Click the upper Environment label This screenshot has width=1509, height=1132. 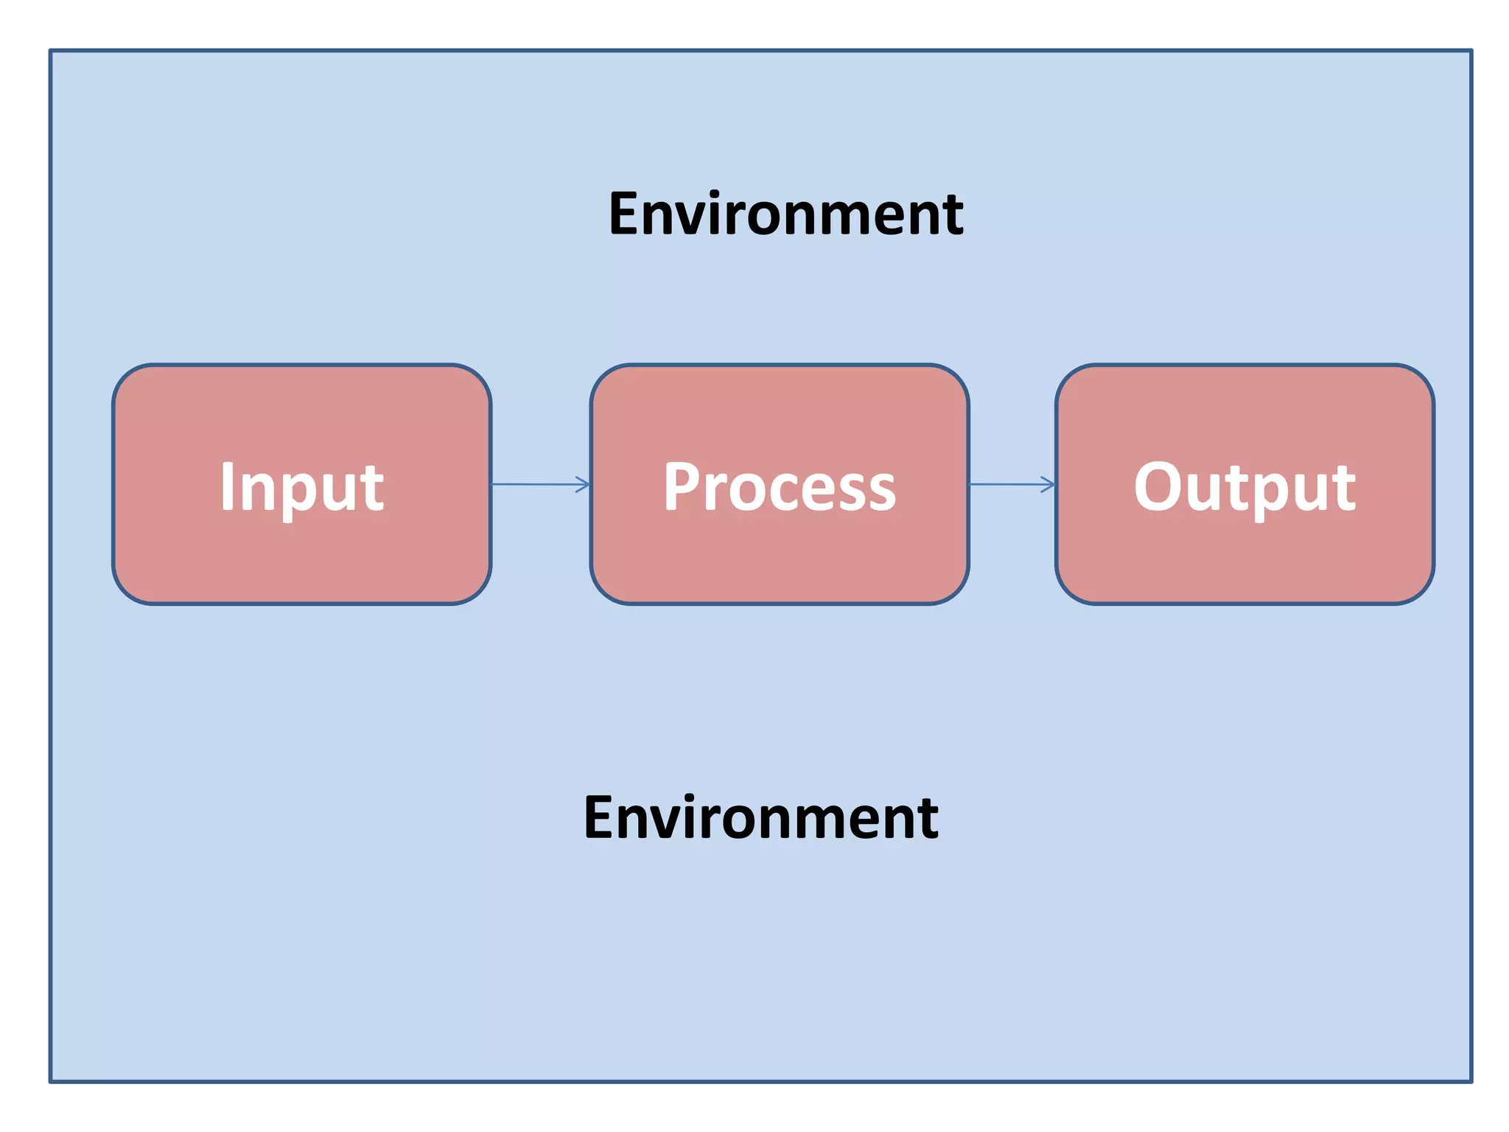pos(785,214)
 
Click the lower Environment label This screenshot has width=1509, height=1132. pos(760,817)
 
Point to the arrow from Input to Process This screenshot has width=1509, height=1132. pos(540,484)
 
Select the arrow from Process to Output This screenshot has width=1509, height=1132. pos(1011,484)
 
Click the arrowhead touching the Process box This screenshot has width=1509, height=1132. pos(584,484)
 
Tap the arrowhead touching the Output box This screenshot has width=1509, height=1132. pos(1049,484)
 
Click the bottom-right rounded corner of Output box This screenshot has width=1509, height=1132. pos(1421,592)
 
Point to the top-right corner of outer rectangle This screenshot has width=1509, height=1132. pos(1471,51)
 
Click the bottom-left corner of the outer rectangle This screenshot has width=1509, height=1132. pos(51,1081)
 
